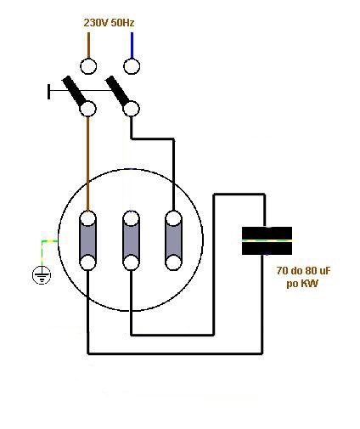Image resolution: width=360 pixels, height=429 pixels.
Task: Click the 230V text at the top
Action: pyautogui.click(x=96, y=23)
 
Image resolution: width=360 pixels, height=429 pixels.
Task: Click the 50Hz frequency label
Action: pyautogui.click(x=122, y=23)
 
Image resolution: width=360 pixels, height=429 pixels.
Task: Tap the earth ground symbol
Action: pyautogui.click(x=42, y=275)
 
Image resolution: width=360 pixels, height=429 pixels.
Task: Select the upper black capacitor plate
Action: pyautogui.click(x=267, y=234)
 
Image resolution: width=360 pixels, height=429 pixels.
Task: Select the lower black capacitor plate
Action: pyautogui.click(x=267, y=248)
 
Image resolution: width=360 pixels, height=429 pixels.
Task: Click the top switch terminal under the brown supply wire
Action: pyautogui.click(x=88, y=66)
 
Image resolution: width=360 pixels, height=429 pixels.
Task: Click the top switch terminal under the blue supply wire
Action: pyautogui.click(x=132, y=66)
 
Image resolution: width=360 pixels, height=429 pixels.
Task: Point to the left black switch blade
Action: pyautogui.click(x=74, y=90)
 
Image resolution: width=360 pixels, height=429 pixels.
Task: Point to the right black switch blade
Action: pyautogui.click(x=117, y=90)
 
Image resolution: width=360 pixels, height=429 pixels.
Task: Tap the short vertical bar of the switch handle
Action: pyautogui.click(x=49, y=92)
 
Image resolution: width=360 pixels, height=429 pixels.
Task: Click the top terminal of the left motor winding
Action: pyautogui.click(x=88, y=218)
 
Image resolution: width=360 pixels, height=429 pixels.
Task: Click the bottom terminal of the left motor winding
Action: pyautogui.click(x=87, y=262)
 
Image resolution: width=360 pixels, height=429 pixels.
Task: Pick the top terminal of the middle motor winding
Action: pyautogui.click(x=131, y=218)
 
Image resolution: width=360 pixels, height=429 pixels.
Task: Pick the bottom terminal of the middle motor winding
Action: pyautogui.click(x=131, y=262)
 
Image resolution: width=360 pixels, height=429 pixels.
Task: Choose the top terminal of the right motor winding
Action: pyautogui.click(x=173, y=218)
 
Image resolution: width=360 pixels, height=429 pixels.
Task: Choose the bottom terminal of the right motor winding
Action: pyautogui.click(x=173, y=262)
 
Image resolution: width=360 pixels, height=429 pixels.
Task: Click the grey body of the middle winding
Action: pyautogui.click(x=131, y=240)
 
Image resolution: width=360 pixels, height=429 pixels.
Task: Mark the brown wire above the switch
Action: pyautogui.click(x=88, y=45)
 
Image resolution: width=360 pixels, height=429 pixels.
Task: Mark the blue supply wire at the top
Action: pyautogui.click(x=132, y=45)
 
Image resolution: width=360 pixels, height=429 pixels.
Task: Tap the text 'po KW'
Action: pyautogui.click(x=302, y=283)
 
